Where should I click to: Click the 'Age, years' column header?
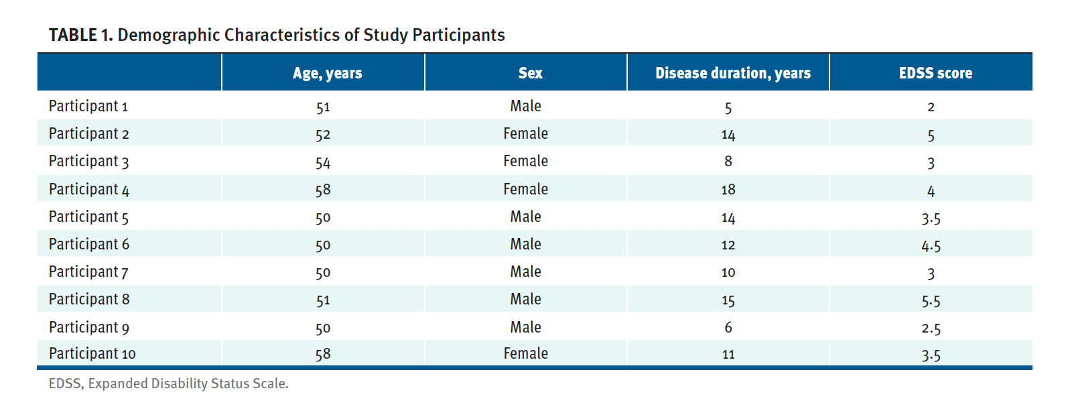[327, 73]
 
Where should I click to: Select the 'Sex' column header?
[530, 73]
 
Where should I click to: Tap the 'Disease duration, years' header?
[732, 73]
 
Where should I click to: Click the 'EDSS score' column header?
[935, 73]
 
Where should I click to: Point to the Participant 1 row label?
[88, 106]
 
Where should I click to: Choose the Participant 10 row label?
[92, 353]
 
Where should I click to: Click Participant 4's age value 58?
[323, 190]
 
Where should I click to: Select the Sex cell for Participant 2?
[525, 133]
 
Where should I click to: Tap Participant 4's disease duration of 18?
[728, 190]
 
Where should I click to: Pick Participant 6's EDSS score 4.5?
[931, 245]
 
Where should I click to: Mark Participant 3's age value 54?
[323, 162]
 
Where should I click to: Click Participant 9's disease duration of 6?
[728, 327]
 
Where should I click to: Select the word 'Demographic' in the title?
[169, 35]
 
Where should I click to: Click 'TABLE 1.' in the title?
[80, 35]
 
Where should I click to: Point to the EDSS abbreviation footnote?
[168, 384]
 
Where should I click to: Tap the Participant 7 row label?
[88, 272]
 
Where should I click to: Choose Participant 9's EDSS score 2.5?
[931, 329]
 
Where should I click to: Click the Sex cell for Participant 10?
[525, 353]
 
